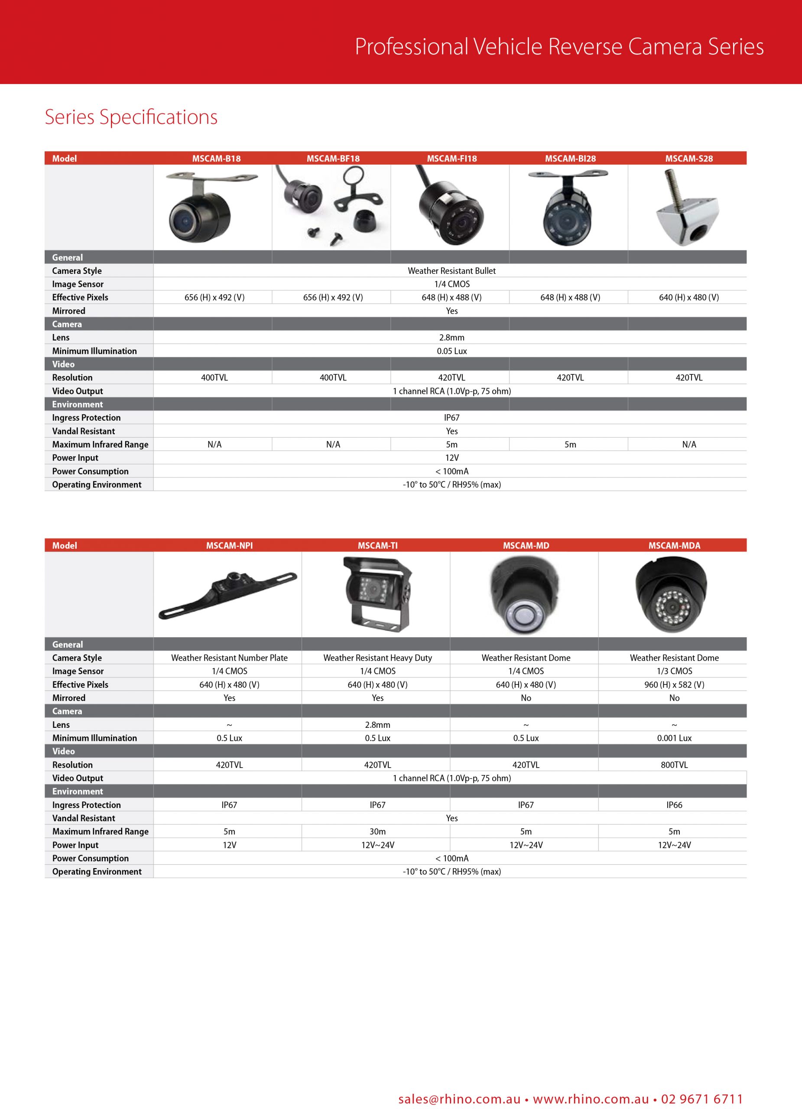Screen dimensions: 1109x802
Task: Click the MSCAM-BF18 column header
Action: coord(333,159)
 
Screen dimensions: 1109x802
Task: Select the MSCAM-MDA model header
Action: coord(674,545)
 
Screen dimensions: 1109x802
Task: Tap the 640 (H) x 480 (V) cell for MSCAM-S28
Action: coord(688,297)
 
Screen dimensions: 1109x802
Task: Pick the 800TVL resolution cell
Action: coord(674,765)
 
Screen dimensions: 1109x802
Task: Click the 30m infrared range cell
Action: coord(377,831)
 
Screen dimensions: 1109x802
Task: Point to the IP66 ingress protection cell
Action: coord(674,805)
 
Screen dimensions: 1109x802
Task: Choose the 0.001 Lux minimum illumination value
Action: coord(674,738)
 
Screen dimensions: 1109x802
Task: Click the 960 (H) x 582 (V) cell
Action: coord(674,684)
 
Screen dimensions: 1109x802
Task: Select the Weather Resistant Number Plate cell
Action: coord(229,658)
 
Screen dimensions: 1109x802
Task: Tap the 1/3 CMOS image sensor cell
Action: coord(674,671)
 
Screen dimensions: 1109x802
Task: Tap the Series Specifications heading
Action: coord(131,117)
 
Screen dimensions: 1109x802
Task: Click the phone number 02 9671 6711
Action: coord(702,1099)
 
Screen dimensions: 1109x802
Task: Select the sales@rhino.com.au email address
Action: coord(459,1099)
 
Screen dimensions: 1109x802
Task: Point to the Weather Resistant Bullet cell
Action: coord(451,271)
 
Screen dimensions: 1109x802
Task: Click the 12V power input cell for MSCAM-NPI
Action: coord(229,845)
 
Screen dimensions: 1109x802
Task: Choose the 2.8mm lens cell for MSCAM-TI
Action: coord(377,725)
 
